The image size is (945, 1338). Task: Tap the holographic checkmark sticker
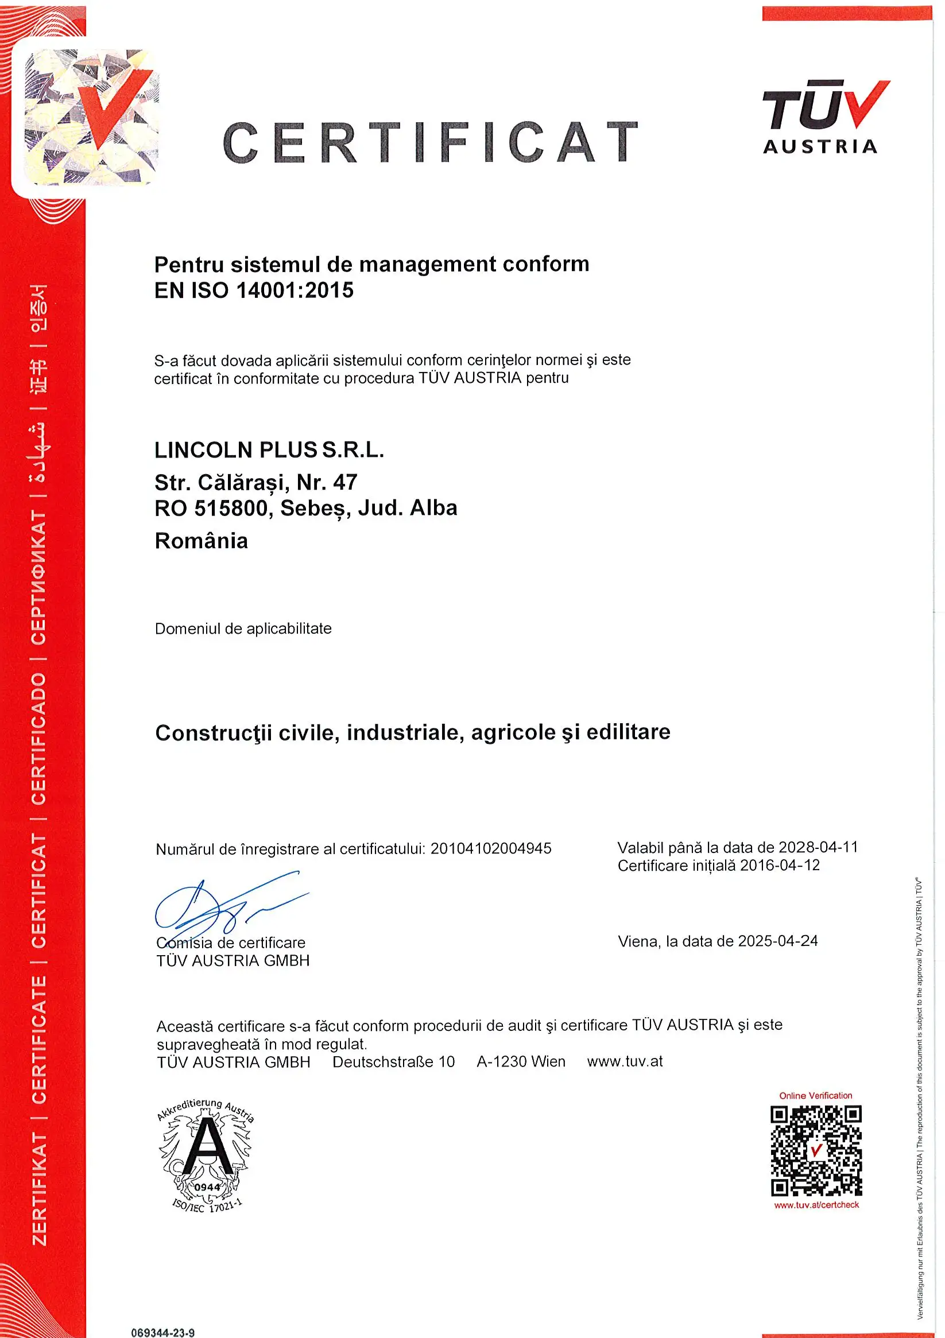(x=91, y=117)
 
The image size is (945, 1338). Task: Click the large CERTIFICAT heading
(x=430, y=143)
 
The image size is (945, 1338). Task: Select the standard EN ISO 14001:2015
(x=254, y=290)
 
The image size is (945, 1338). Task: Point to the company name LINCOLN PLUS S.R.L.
(x=269, y=450)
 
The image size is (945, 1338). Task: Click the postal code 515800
(x=230, y=508)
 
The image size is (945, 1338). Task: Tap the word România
(x=201, y=541)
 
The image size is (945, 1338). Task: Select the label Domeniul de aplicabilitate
(x=243, y=629)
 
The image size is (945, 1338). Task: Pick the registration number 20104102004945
(x=491, y=848)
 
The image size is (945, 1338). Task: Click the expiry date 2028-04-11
(x=818, y=847)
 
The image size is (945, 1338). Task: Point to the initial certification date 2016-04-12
(x=780, y=866)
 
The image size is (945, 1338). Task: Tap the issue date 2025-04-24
(x=778, y=941)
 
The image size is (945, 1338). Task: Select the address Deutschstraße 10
(x=393, y=1062)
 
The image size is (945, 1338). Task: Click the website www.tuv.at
(x=625, y=1061)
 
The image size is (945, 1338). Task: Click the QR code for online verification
(x=816, y=1151)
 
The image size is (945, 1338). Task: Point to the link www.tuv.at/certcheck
(x=816, y=1205)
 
